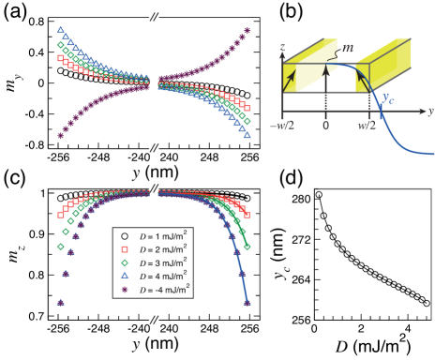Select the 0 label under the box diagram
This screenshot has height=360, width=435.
pyautogui.click(x=325, y=126)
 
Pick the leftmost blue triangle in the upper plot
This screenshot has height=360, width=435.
pyautogui.click(x=61, y=30)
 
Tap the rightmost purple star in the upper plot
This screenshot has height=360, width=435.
pyautogui.click(x=247, y=30)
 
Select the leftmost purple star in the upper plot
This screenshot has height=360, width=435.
pyautogui.click(x=61, y=136)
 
